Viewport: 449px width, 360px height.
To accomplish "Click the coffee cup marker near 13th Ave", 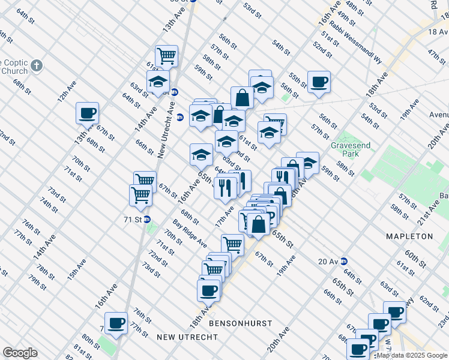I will click(87, 112).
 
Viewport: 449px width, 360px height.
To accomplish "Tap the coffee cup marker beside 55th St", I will click(319, 82).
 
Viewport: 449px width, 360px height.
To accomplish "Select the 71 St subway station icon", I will click(147, 220).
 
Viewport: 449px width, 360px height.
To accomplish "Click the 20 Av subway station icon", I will click(343, 261).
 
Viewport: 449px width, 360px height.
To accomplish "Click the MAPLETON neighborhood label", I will click(410, 236).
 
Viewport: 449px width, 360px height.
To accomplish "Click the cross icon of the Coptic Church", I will click(37, 65).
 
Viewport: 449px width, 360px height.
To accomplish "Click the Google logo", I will click(20, 353).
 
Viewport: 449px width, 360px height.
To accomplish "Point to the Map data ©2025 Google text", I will click(412, 356).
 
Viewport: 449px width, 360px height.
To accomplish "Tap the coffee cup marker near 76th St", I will click(116, 323).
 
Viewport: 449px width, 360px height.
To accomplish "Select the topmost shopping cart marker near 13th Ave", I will click(166, 56).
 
